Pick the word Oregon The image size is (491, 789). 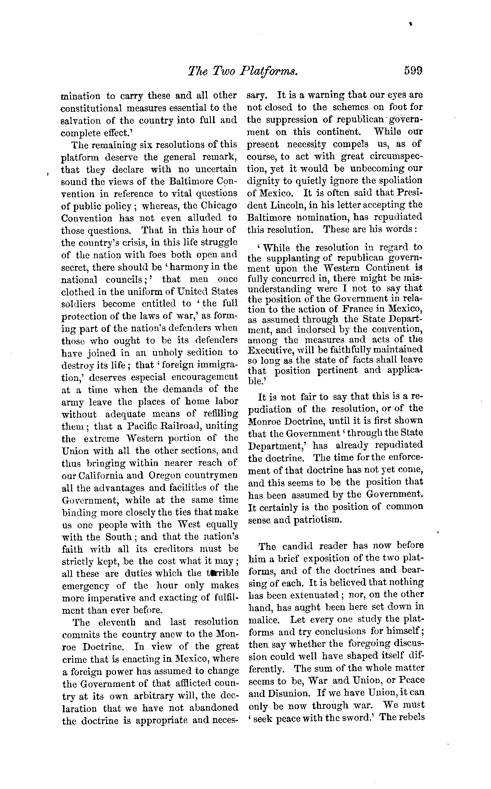[x=166, y=475]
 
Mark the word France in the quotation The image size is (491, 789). [x=359, y=309]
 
